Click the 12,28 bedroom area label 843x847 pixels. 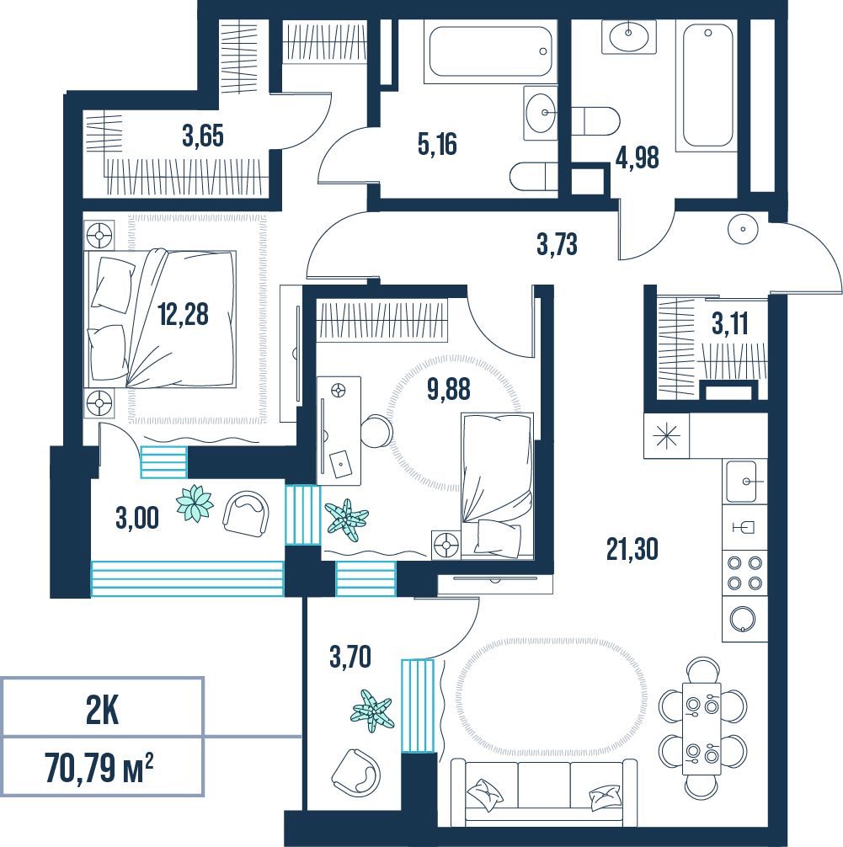184,314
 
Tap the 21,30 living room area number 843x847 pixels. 632,549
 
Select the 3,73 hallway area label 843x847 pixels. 558,243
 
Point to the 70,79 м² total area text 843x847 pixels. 99,767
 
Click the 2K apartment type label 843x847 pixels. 102,711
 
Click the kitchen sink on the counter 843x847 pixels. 745,482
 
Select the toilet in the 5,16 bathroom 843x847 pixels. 533,177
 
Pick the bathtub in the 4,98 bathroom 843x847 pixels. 708,87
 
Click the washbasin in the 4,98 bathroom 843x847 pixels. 629,35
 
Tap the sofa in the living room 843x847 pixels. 544,792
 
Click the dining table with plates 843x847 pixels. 702,728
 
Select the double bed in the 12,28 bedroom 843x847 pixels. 161,318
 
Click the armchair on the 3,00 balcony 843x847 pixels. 247,514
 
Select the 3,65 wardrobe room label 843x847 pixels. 203,136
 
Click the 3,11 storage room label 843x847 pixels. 730,324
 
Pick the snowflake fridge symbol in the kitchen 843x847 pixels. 666,436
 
